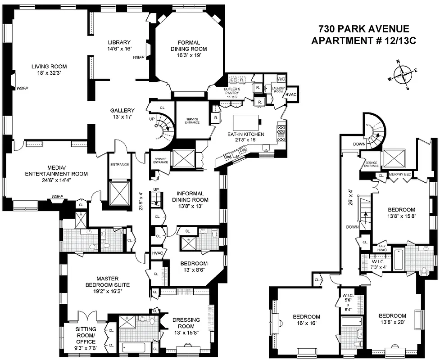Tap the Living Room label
49,69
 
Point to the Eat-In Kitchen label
246,137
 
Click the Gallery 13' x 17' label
122,113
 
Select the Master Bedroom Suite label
107,284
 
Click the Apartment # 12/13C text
363,40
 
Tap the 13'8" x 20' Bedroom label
392,319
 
